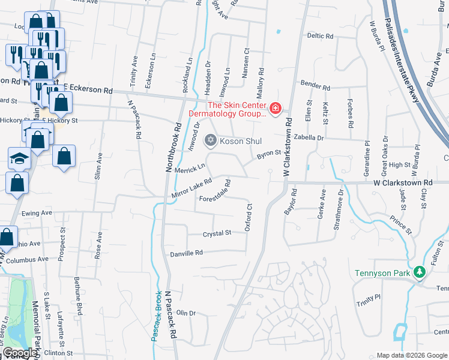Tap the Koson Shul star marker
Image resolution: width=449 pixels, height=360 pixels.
point(210,141)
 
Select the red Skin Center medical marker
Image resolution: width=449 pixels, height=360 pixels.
point(276,108)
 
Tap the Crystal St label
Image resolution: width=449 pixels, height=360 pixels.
point(217,233)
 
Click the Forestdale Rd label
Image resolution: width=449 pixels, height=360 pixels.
point(215,191)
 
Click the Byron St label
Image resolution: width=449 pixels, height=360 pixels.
point(269,154)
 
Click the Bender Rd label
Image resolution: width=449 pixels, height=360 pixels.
point(316,85)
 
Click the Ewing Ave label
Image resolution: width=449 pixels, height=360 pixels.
point(37,213)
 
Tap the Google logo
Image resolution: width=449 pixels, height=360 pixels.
point(21,353)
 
